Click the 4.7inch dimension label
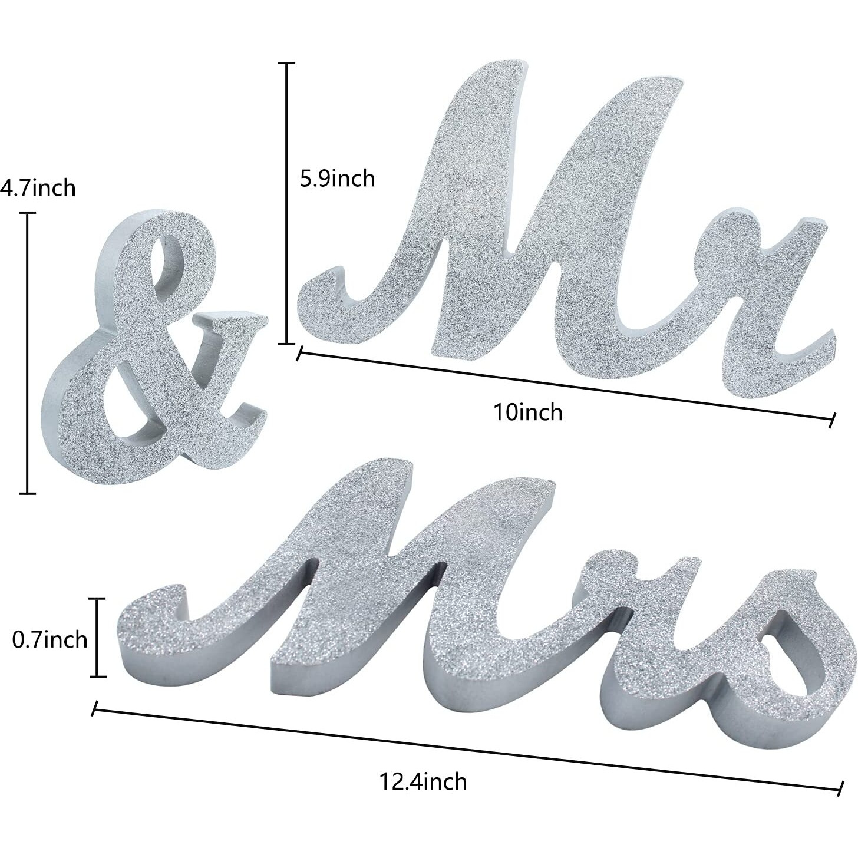click(x=38, y=188)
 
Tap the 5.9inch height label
click(x=337, y=177)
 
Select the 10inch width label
click(x=528, y=411)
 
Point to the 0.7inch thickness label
click(x=49, y=639)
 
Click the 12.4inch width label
click(x=423, y=781)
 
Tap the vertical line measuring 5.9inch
click(x=287, y=203)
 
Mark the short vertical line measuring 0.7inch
click(x=98, y=638)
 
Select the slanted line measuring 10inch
click(x=566, y=386)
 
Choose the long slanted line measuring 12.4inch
click(x=466, y=749)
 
